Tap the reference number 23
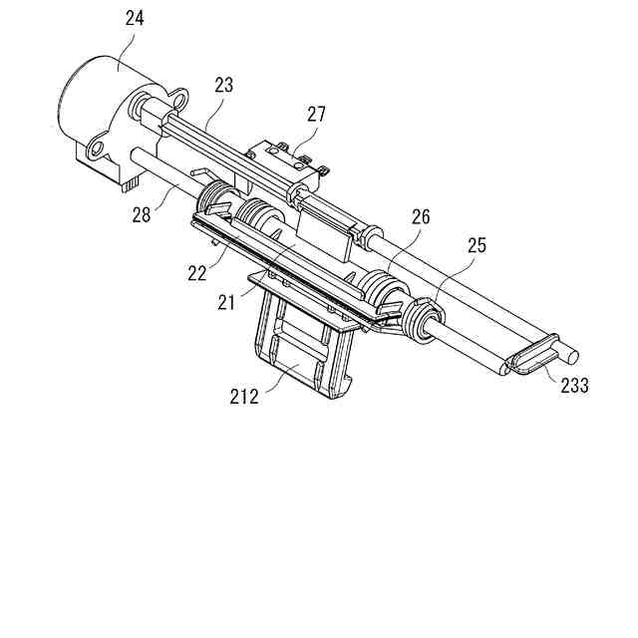tap(223, 86)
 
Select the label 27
tap(316, 115)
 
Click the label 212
tap(243, 398)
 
